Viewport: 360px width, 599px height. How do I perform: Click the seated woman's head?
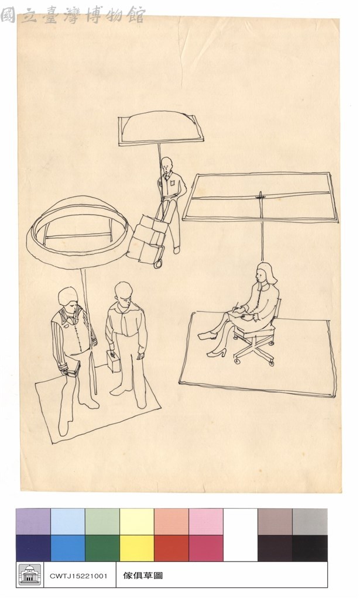click(x=266, y=274)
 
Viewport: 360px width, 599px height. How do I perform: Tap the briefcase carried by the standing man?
click(x=114, y=362)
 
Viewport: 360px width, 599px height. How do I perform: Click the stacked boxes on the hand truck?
click(x=148, y=239)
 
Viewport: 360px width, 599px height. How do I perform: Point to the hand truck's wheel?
click(x=158, y=264)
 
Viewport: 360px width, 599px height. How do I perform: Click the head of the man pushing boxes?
click(x=166, y=164)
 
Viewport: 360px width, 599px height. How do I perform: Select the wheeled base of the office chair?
click(x=255, y=349)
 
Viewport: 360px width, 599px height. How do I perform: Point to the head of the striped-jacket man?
click(x=69, y=297)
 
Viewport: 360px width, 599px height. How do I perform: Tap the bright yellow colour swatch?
click(x=137, y=548)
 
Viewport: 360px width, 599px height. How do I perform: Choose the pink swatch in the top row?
click(x=206, y=522)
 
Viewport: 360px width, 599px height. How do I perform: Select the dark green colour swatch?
click(x=102, y=548)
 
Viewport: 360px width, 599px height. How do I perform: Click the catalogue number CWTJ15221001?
click(x=78, y=576)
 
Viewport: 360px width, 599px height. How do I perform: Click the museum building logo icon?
click(x=30, y=574)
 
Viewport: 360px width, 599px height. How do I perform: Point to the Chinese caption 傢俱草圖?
click(x=143, y=576)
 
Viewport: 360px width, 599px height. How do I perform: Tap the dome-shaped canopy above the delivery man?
click(x=160, y=128)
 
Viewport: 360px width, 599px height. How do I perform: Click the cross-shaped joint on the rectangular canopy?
click(x=260, y=197)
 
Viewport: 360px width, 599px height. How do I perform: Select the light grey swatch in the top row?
click(x=310, y=522)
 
